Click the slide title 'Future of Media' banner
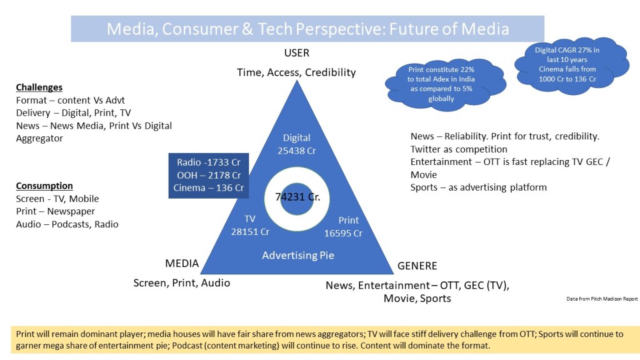[307, 29]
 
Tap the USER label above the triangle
[297, 53]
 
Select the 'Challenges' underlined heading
[39, 87]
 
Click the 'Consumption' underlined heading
[44, 186]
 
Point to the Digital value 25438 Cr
[297, 151]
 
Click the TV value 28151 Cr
[250, 232]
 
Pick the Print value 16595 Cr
[343, 234]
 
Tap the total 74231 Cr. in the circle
[297, 197]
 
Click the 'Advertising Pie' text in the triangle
[298, 256]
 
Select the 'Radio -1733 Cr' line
[209, 162]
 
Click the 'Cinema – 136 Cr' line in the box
[209, 187]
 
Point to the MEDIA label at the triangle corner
[182, 263]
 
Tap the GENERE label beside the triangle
[417, 266]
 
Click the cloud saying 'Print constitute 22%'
[445, 84]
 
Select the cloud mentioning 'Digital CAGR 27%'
[571, 65]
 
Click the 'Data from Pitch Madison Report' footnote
[602, 299]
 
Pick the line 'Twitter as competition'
[459, 149]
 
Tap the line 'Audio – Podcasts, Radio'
[67, 224]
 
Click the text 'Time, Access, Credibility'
[296, 72]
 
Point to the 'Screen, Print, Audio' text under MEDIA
[182, 283]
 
